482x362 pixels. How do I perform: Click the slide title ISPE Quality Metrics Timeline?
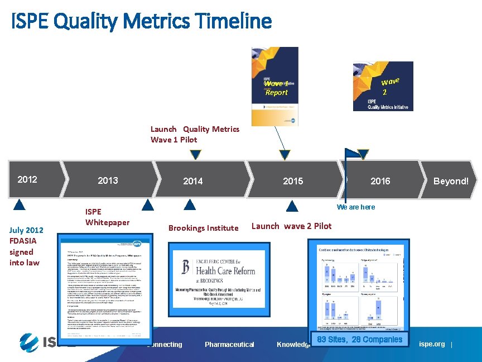141,21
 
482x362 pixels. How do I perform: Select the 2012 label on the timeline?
27,179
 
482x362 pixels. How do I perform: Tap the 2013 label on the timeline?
108,180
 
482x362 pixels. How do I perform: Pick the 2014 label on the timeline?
193,181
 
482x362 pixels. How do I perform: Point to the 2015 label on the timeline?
293,181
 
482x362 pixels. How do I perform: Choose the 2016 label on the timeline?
380,181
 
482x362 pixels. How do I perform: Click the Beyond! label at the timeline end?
451,181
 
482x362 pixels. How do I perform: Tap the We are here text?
356,207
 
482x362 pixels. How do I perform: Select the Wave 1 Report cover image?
274,86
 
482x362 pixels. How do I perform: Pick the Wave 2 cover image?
383,86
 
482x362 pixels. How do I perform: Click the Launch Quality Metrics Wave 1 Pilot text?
195,134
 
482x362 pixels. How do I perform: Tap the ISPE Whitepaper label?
107,217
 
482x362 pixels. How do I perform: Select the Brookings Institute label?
203,228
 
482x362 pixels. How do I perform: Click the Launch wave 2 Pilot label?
291,226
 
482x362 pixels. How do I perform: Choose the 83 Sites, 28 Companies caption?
359,340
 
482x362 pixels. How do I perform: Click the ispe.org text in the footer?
432,344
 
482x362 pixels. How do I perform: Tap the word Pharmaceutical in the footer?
229,345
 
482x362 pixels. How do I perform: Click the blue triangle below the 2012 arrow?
20,204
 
